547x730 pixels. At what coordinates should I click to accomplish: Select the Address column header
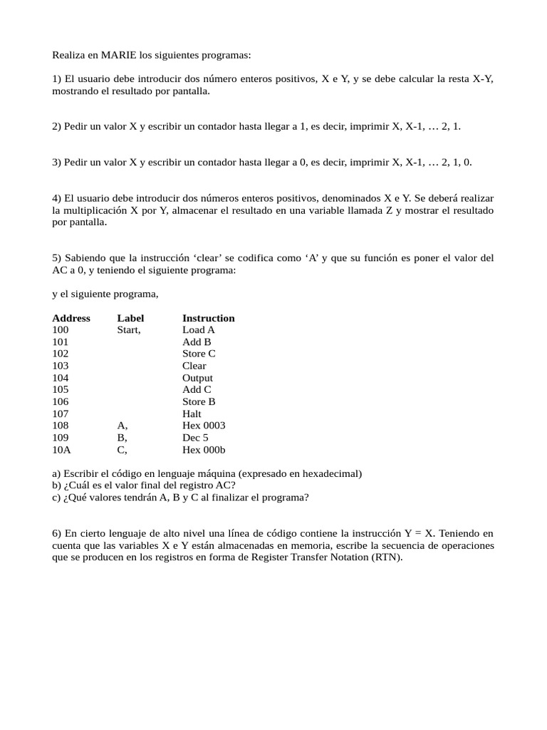71,318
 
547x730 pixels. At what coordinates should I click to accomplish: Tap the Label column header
130,318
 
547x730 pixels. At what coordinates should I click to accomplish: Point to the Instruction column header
208,318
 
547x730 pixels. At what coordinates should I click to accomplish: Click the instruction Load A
198,330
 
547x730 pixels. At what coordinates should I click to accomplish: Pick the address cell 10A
61,450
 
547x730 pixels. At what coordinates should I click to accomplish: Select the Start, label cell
129,330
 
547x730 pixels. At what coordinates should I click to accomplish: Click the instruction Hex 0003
204,426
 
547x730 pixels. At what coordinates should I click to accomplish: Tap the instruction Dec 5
195,438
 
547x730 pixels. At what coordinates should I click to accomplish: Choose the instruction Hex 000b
204,450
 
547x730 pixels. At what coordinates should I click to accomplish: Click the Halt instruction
192,413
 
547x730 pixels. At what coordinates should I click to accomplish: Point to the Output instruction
197,378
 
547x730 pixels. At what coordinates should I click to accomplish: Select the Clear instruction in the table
194,366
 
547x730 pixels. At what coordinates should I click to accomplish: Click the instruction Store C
199,354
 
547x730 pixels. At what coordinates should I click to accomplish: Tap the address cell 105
61,390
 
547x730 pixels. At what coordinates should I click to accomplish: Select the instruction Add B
197,342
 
